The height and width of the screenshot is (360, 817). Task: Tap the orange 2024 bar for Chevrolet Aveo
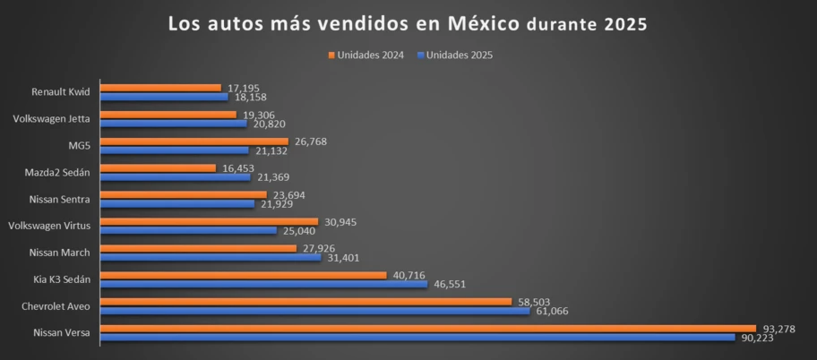point(305,302)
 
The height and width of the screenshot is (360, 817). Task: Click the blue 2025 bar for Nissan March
point(211,257)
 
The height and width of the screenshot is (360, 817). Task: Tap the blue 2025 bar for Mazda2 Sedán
point(176,176)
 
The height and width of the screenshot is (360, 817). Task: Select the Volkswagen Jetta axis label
point(52,119)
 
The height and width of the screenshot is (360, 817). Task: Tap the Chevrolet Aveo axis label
point(57,306)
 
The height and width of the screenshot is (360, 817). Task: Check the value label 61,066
point(553,311)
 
